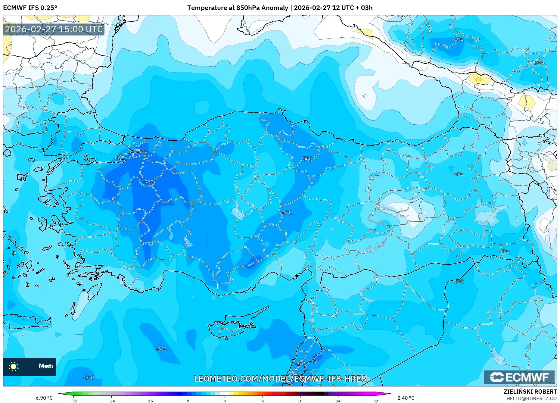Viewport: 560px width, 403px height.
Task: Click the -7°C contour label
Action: click(x=148, y=182)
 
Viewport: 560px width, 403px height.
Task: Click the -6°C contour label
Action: click(x=287, y=213)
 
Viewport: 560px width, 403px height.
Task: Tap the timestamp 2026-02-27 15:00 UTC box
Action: click(x=54, y=29)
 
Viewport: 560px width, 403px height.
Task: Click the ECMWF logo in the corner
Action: click(x=519, y=377)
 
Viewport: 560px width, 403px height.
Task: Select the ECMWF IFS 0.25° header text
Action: click(x=30, y=8)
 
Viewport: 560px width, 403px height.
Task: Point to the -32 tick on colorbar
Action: click(x=74, y=401)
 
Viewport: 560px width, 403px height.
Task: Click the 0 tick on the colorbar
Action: click(x=225, y=401)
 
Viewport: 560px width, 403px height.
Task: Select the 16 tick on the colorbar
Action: click(x=300, y=401)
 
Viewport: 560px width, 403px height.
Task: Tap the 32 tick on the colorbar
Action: click(x=375, y=401)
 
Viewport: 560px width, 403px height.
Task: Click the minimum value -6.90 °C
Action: click(x=43, y=398)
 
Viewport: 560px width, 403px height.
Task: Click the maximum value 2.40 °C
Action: click(x=406, y=398)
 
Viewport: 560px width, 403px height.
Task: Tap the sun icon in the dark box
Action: click(x=14, y=367)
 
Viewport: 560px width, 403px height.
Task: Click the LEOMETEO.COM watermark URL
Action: click(x=280, y=379)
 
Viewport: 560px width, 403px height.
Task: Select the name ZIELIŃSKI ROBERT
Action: click(x=530, y=392)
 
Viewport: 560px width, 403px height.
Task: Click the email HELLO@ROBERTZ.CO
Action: click(x=531, y=398)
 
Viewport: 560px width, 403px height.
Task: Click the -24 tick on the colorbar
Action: click(x=111, y=401)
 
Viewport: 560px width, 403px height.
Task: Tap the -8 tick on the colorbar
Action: click(x=187, y=401)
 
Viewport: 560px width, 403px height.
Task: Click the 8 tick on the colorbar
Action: click(x=262, y=401)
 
